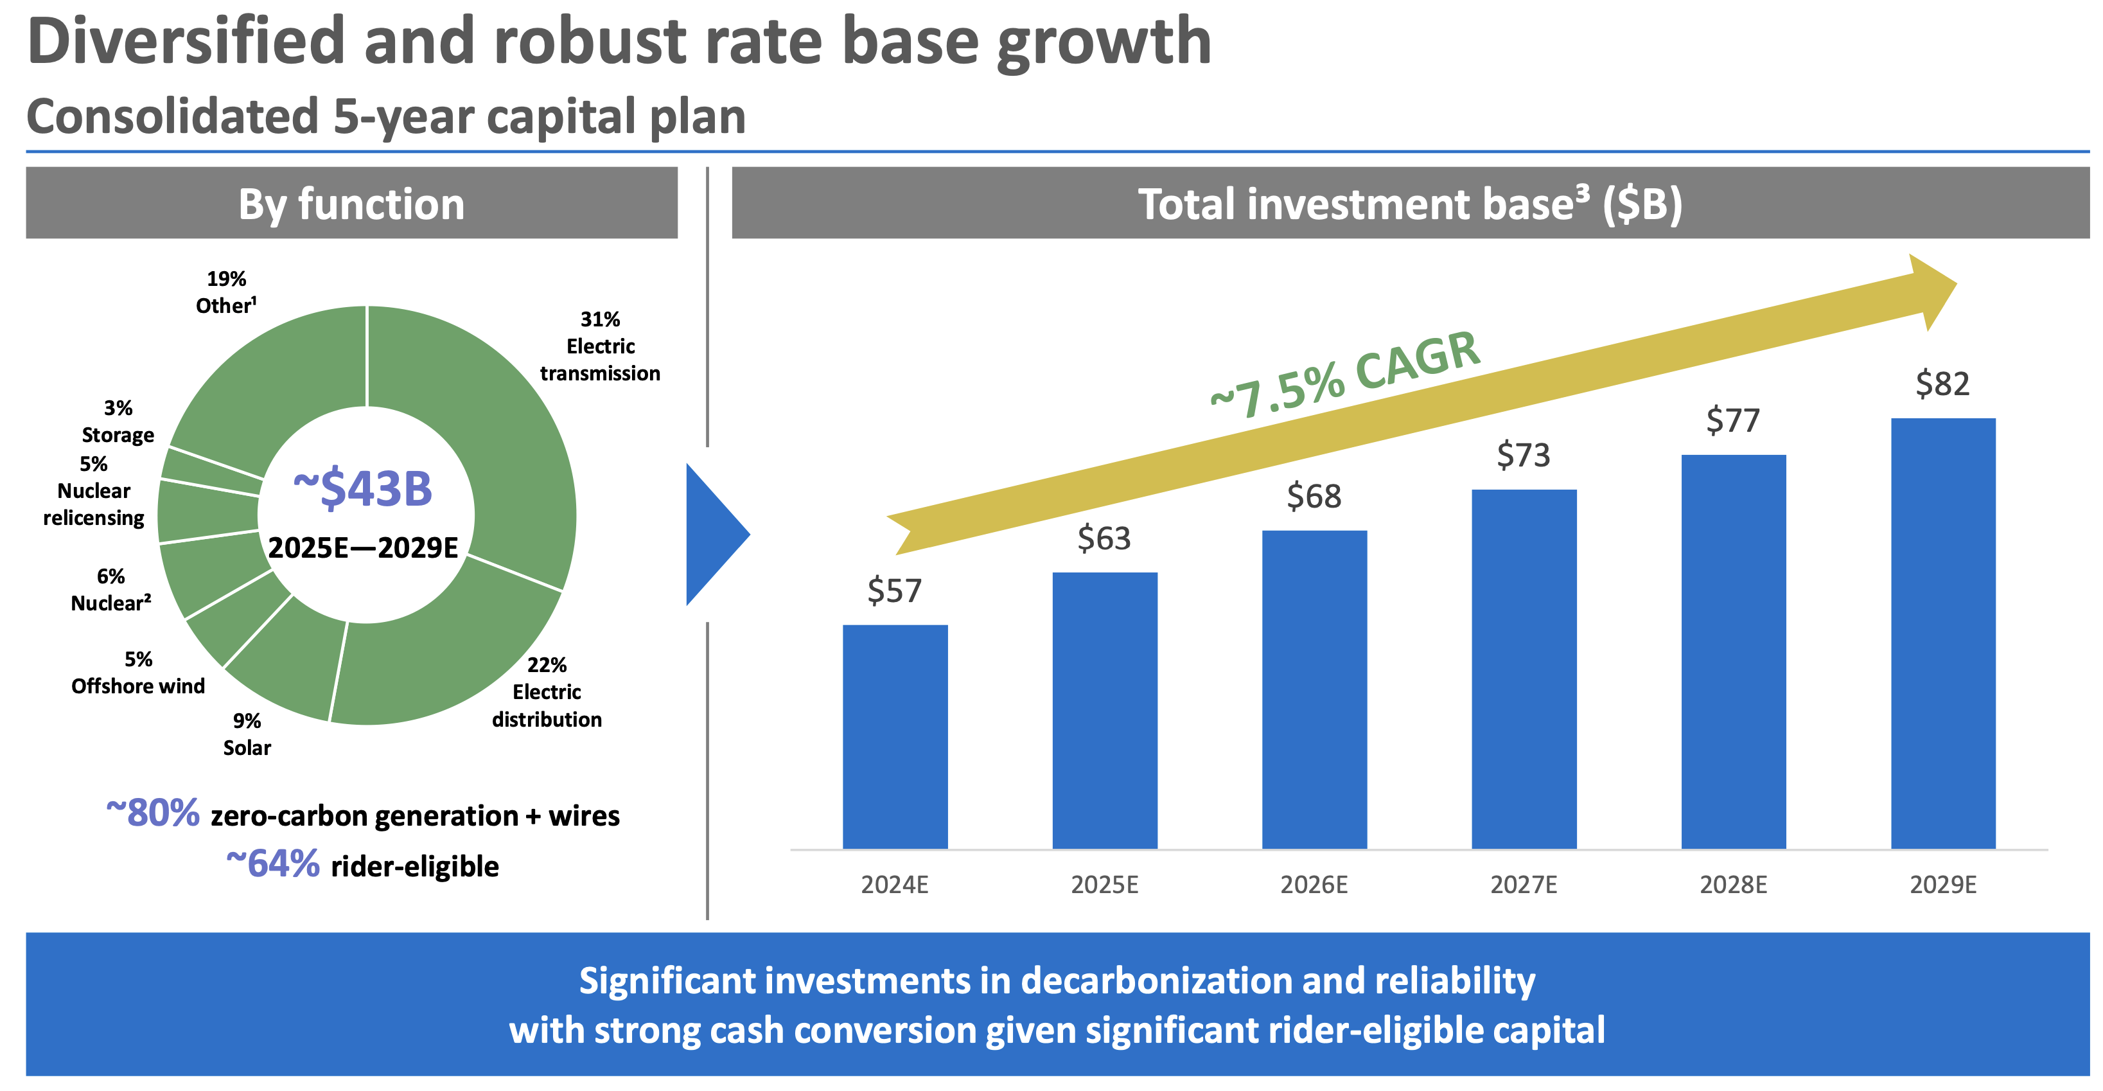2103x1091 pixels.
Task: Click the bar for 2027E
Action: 1524,669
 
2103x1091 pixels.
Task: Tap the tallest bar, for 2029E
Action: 1943,633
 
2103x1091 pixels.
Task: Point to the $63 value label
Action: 1104,538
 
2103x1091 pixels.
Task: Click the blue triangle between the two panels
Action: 713,535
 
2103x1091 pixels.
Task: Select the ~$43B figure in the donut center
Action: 362,489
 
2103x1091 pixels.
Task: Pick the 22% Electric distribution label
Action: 546,692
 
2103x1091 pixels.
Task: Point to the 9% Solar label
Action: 247,734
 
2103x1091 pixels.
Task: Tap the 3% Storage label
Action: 118,421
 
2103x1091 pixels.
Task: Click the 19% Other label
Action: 226,292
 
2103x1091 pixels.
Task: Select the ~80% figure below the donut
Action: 153,813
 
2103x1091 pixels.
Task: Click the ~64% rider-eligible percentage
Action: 273,864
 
